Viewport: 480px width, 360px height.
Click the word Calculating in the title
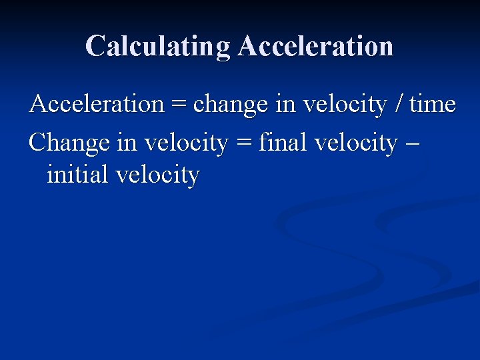click(158, 47)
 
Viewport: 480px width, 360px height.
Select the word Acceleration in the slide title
click(315, 47)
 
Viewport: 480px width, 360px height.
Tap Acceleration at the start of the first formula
click(97, 105)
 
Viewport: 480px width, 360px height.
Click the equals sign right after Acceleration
click(178, 105)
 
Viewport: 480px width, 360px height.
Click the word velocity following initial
click(157, 176)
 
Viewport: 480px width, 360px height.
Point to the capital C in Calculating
click(95, 47)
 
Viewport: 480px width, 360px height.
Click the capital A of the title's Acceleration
click(248, 47)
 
